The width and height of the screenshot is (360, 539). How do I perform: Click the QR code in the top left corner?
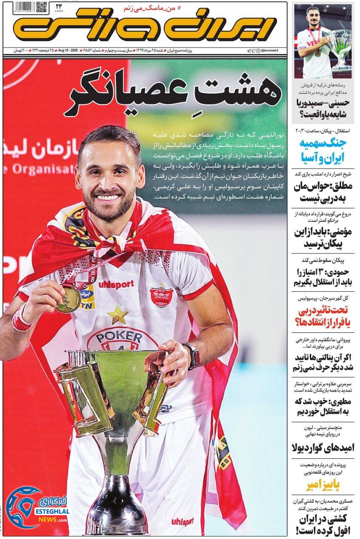[x=41, y=8]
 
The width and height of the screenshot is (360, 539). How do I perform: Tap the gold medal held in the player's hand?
[x=68, y=299]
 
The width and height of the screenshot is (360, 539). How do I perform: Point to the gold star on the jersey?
[x=117, y=314]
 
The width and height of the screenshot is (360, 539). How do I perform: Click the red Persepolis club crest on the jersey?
[x=161, y=297]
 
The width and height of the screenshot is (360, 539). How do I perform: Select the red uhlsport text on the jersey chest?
[x=116, y=284]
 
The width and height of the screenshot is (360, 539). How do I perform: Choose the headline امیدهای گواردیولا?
[x=323, y=448]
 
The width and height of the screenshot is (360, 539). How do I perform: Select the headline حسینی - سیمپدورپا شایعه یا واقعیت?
[x=323, y=108]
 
